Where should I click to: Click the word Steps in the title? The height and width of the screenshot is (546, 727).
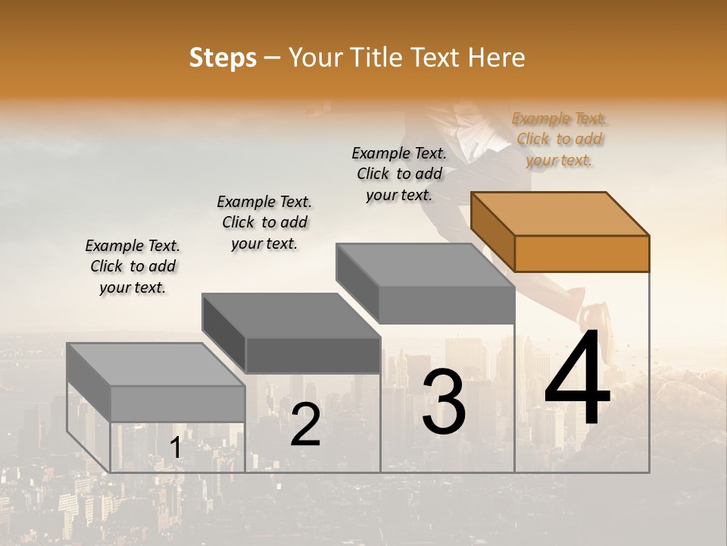tap(223, 58)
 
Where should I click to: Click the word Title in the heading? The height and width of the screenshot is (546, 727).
tap(376, 58)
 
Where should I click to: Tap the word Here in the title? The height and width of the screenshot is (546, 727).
tap(496, 58)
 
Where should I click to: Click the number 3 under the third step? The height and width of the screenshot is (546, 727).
tap(444, 402)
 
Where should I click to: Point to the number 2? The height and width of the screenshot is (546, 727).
tap(305, 425)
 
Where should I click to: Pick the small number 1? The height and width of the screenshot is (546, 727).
tap(176, 448)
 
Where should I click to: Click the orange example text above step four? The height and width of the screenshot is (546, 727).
tap(560, 140)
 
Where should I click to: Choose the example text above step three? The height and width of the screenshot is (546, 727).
tap(399, 174)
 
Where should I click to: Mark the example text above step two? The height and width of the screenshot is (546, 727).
tap(264, 222)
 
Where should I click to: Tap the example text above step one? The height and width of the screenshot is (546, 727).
tap(133, 266)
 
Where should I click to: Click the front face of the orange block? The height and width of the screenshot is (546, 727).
tap(582, 253)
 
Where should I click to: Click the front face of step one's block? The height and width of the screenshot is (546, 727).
tap(177, 403)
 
